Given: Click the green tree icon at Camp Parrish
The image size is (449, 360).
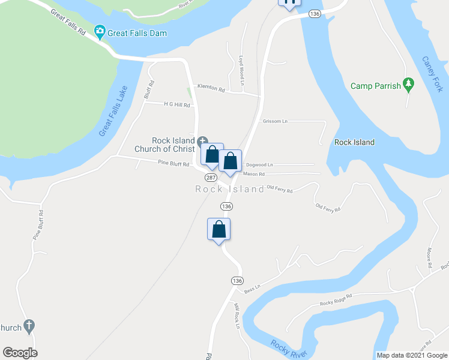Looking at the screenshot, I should (x=409, y=86).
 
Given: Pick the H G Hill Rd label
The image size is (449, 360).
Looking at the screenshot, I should (x=176, y=104).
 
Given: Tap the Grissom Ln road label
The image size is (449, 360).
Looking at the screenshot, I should (x=275, y=121).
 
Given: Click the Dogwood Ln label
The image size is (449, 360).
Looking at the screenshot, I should (x=259, y=164).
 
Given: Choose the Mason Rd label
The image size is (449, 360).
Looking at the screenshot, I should (x=254, y=174).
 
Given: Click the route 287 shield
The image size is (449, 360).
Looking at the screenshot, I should (x=211, y=178).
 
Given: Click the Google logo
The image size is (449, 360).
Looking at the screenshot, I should (x=20, y=353).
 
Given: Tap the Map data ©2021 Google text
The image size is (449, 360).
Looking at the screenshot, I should (x=411, y=355).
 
